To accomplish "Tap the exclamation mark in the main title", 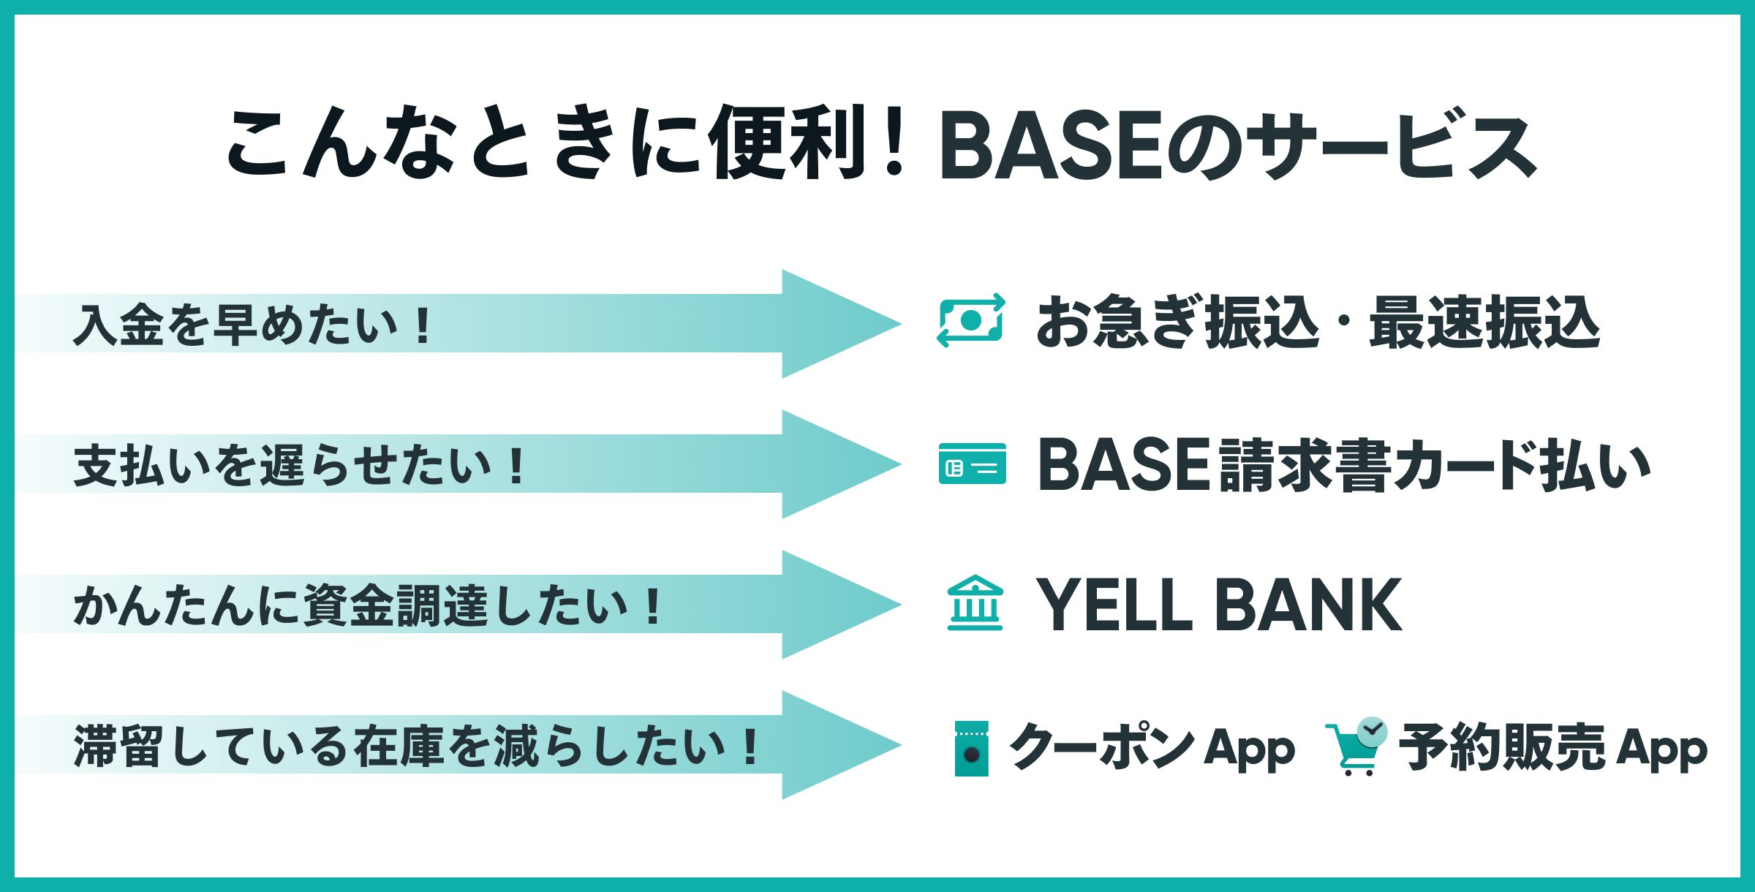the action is pos(894,143).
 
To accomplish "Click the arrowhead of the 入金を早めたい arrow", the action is pos(841,324).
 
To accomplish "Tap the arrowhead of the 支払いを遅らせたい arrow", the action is pos(841,464).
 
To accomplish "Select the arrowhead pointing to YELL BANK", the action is pos(841,605).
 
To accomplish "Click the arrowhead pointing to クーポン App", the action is pos(841,745).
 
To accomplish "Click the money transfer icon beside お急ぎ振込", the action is pos(971,320).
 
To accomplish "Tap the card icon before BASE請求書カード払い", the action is pos(973,464).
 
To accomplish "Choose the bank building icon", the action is pos(975,603).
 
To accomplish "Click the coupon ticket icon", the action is pos(972,749).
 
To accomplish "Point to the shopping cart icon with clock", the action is pos(1356,747).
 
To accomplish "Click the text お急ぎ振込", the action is pos(1178,322).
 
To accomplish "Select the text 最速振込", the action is pos(1484,322).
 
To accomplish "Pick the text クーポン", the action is pos(1102,746).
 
